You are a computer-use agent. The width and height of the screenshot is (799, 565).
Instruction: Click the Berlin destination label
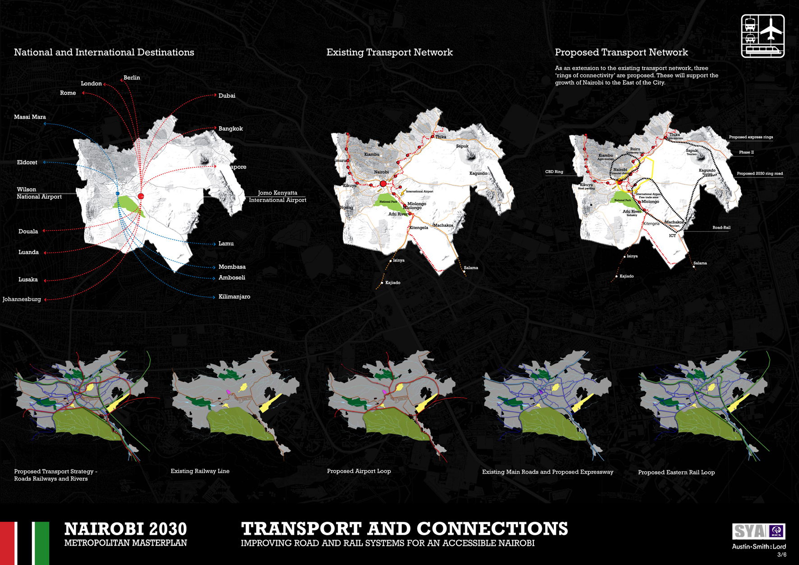132,78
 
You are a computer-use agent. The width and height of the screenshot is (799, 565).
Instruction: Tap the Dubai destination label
227,96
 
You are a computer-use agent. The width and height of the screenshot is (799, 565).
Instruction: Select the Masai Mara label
30,117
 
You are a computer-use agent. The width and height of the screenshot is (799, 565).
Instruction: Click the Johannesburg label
22,299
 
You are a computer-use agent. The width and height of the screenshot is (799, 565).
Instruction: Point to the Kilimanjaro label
234,297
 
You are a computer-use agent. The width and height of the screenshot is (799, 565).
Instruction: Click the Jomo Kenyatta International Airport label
277,196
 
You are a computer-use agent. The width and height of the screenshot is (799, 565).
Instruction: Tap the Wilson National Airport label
39,193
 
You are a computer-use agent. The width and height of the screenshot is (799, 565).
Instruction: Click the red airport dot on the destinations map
141,196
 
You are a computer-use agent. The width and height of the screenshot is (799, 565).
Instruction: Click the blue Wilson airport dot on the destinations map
118,193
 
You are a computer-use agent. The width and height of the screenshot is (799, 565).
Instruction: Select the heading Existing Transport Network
389,52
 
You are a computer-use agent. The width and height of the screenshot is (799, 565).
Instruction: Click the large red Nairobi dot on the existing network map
383,184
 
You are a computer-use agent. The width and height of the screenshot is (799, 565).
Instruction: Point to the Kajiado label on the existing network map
392,283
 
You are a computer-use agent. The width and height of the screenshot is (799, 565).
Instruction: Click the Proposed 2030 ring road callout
759,174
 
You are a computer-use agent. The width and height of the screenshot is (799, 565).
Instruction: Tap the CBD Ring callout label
554,172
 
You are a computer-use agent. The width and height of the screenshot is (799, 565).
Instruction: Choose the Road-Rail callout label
721,228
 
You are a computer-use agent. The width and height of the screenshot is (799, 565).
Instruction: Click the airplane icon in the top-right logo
772,28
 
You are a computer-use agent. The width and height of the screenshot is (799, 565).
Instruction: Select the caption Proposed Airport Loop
358,471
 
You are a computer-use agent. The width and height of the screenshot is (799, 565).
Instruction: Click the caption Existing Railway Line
200,471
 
